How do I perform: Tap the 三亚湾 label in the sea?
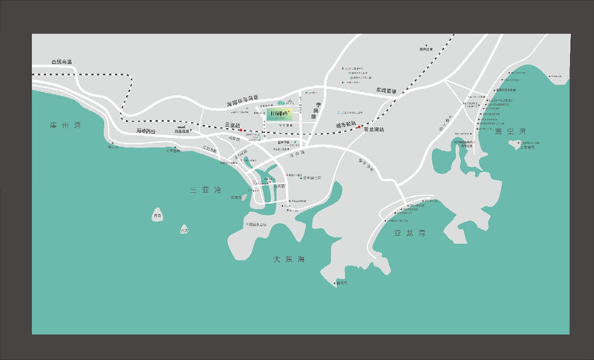point(205,191)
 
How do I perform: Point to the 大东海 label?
point(288,259)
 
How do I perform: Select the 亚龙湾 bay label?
point(411,232)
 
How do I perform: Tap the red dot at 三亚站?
point(240,131)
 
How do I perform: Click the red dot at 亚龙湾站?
point(359,127)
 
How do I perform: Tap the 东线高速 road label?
point(386,91)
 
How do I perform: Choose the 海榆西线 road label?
point(146,131)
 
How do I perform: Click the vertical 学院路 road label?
point(315,111)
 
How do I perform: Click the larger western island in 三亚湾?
point(157,214)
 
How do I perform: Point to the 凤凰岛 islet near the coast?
point(237,196)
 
